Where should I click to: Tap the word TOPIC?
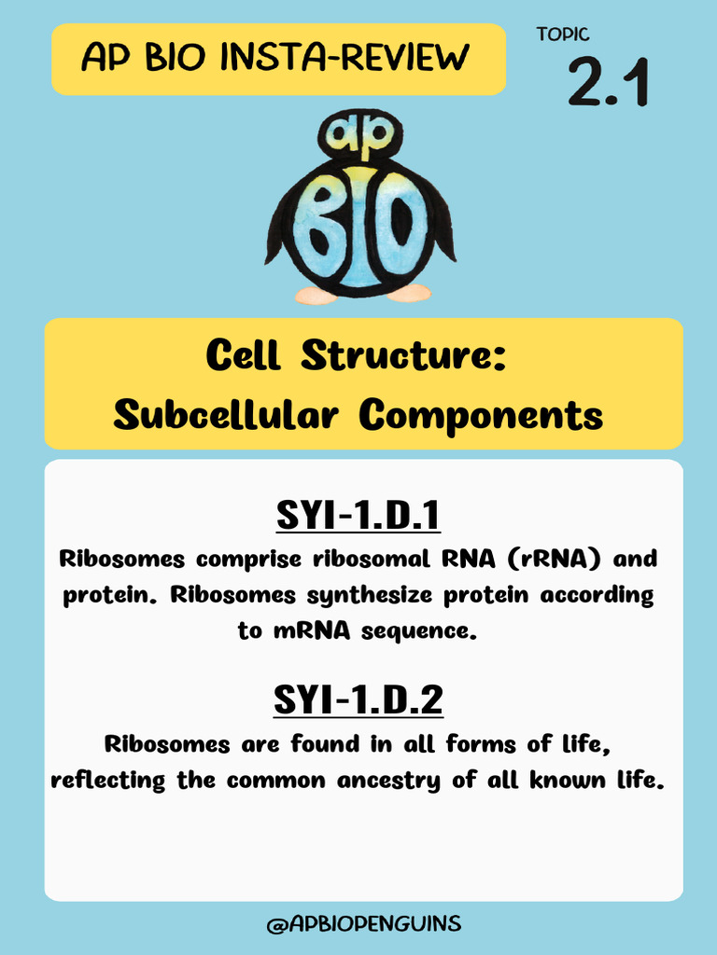click(563, 35)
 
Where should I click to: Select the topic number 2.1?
click(608, 85)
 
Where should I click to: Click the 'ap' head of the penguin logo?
click(359, 134)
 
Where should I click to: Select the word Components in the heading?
click(482, 415)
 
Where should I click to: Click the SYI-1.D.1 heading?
click(358, 515)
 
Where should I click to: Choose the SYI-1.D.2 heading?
click(358, 700)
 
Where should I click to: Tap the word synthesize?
click(373, 595)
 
